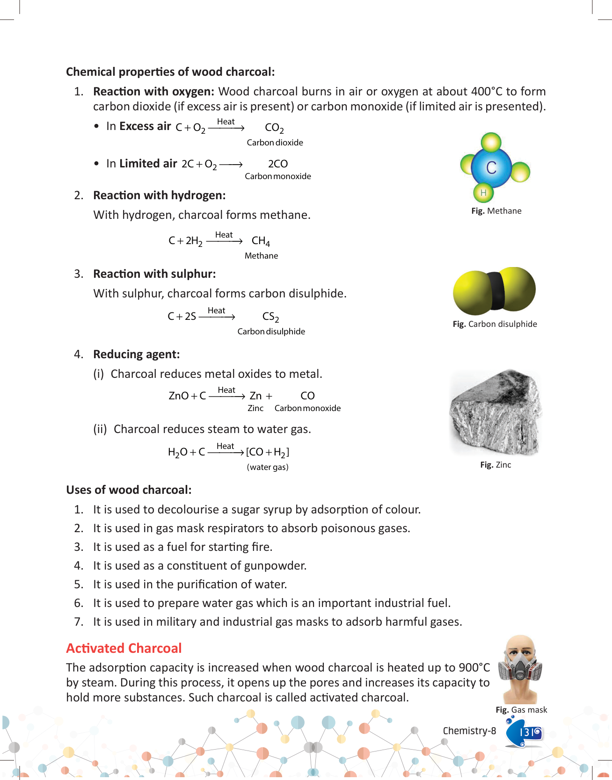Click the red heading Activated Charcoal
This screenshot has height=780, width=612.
[124, 648]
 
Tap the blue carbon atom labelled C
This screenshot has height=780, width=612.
[491, 167]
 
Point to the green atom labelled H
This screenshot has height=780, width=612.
[483, 193]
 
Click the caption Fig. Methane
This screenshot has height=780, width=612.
[496, 211]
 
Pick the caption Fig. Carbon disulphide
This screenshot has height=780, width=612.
[495, 324]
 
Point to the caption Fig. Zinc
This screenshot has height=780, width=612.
[495, 465]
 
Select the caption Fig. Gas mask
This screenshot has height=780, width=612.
[521, 710]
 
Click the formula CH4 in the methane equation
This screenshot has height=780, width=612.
[261, 241]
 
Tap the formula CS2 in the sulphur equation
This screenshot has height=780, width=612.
[270, 317]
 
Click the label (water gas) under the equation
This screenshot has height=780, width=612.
[268, 467]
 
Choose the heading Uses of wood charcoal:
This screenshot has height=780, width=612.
[129, 490]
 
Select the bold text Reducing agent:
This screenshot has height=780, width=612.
[136, 354]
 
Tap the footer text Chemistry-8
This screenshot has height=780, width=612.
[469, 731]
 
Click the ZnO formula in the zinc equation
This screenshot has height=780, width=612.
[178, 396]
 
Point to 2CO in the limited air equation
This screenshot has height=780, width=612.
[278, 164]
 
